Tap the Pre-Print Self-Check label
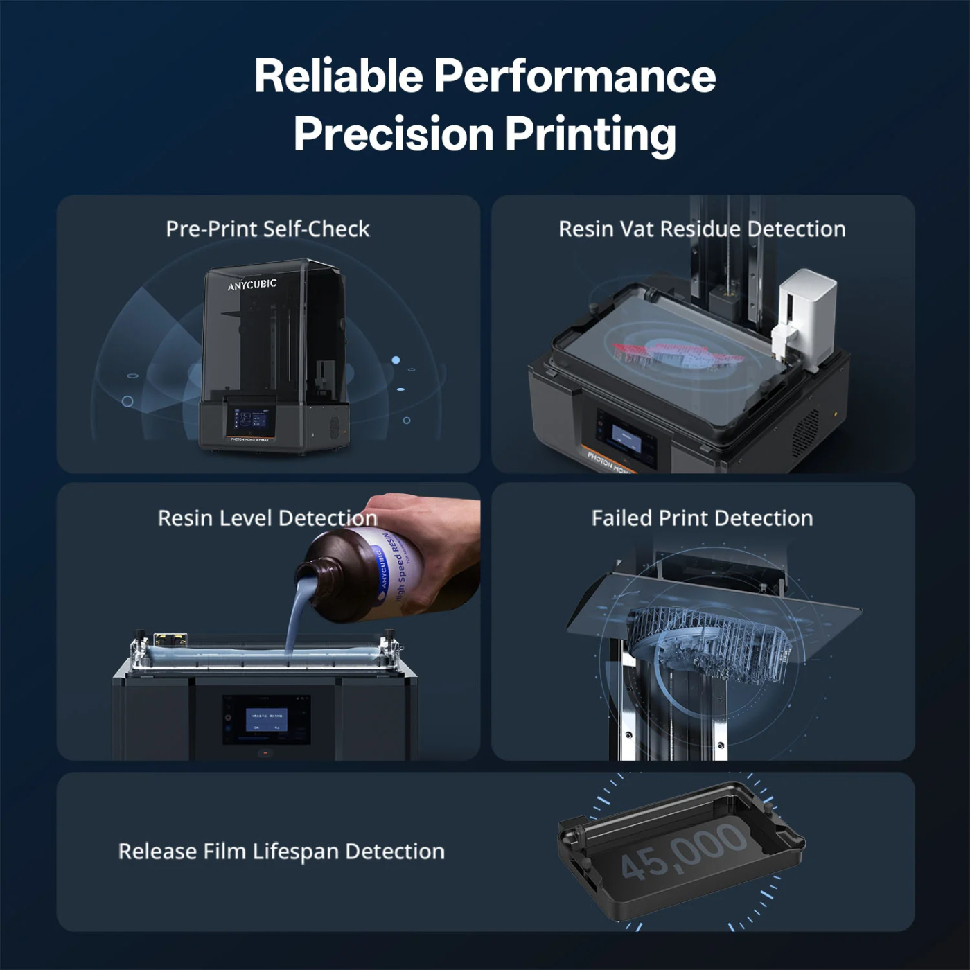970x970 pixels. point(267,229)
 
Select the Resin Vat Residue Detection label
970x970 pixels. point(702,229)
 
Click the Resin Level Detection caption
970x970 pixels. point(267,518)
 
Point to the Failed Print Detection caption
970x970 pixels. point(702,518)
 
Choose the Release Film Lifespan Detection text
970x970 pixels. point(281,851)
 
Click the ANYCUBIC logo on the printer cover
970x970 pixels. point(252,285)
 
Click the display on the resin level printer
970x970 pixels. point(266,720)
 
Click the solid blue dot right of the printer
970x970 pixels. point(396,360)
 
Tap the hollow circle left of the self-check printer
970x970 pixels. point(127,401)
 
